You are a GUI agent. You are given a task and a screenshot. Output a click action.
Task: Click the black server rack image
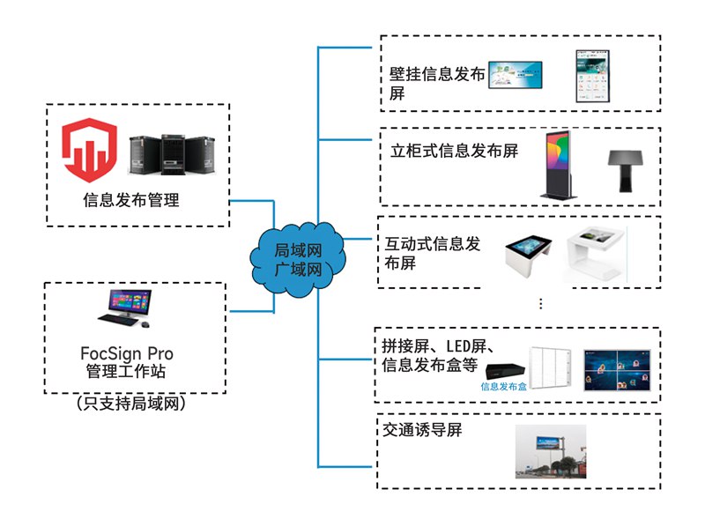[x=172, y=153]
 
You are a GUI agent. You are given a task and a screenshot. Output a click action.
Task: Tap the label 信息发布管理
[x=130, y=200]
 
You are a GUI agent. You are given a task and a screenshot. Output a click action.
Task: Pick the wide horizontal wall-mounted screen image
[x=516, y=76]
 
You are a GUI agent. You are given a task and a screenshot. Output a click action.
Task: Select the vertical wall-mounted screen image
[x=594, y=77]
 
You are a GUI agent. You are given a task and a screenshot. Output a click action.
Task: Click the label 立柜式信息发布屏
[x=454, y=151]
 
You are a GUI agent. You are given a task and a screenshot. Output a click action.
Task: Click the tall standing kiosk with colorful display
[x=558, y=165]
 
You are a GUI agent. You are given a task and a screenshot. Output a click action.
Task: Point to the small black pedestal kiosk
[x=628, y=169]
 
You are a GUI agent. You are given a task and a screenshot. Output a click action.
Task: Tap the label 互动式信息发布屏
[x=433, y=253]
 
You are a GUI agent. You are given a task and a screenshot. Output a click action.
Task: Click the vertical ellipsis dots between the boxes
[x=540, y=304]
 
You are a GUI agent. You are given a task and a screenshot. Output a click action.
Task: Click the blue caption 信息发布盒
[x=504, y=386]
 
